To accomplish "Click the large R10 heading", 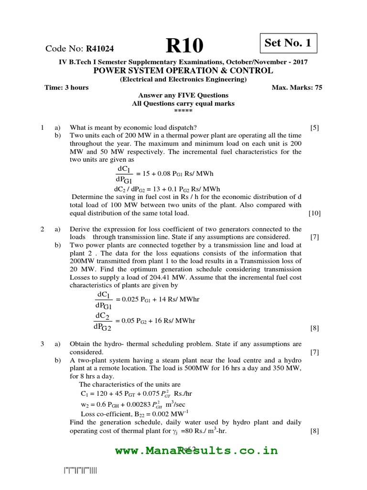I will coord(184,46).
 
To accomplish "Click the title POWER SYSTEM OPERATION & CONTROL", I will coord(183,71).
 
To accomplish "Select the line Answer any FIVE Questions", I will coord(183,96).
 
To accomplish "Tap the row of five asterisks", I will coord(183,111).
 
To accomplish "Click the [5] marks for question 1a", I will coord(314,128).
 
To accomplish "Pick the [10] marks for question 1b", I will coord(314,213).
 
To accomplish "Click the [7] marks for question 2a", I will coord(314,237).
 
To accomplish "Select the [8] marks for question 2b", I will coord(314,328).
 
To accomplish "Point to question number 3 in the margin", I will coord(43,344).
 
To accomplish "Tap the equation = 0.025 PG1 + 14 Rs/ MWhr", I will coord(158,299).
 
